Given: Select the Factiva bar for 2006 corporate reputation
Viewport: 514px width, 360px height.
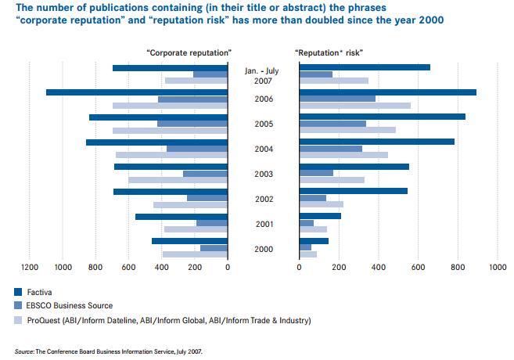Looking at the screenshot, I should [x=137, y=92].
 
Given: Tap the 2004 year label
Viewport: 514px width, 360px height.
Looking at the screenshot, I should [x=264, y=149].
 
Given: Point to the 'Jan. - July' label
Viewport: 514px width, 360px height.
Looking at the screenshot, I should [x=263, y=70].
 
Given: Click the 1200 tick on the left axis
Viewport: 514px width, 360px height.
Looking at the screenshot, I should [x=31, y=267].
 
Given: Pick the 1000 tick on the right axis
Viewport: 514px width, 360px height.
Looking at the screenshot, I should [x=497, y=267].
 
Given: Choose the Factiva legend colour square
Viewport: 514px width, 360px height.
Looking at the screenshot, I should [x=19, y=291].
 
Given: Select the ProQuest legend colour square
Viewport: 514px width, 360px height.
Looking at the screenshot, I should [x=19, y=320].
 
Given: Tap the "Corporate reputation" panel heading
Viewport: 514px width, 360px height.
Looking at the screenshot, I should [x=189, y=52].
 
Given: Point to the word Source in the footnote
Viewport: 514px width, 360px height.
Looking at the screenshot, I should [x=25, y=351].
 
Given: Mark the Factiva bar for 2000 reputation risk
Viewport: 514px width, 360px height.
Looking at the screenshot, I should [x=314, y=241].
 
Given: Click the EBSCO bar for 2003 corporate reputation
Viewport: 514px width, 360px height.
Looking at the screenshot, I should [x=205, y=174].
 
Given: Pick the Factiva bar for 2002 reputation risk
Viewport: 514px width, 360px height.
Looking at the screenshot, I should [x=364, y=191].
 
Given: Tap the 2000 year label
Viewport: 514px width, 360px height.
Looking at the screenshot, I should [x=264, y=248].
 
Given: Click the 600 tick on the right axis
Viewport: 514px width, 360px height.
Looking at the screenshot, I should [x=418, y=267].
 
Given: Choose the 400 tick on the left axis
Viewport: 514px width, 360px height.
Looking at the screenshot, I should [x=162, y=267].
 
